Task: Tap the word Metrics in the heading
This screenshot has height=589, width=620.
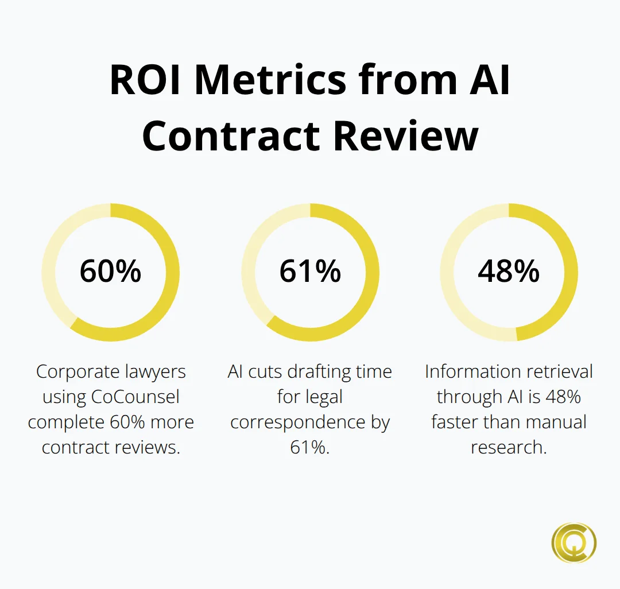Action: [x=270, y=80]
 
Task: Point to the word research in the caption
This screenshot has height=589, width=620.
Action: [x=509, y=447]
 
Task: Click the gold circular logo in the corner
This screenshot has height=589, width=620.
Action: [x=573, y=542]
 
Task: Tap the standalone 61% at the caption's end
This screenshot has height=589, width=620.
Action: [x=310, y=447]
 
